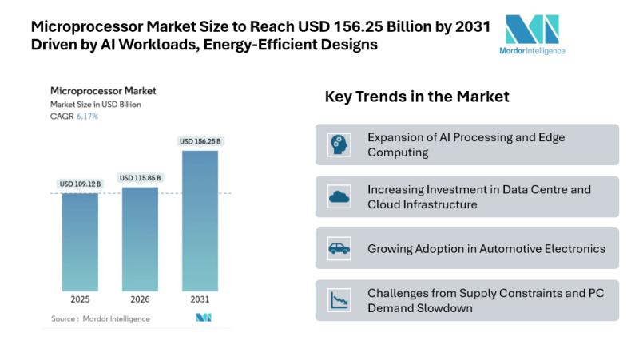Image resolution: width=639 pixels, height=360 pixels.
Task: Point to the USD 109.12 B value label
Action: (x=80, y=184)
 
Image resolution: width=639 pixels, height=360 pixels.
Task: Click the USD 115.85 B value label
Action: (x=140, y=178)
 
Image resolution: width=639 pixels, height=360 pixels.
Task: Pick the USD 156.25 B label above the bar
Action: (x=200, y=141)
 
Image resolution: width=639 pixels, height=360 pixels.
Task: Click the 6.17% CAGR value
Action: (x=86, y=117)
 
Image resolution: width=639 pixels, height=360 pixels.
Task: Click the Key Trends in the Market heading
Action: (x=417, y=97)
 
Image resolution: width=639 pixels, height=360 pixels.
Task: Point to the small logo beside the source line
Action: (x=203, y=318)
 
